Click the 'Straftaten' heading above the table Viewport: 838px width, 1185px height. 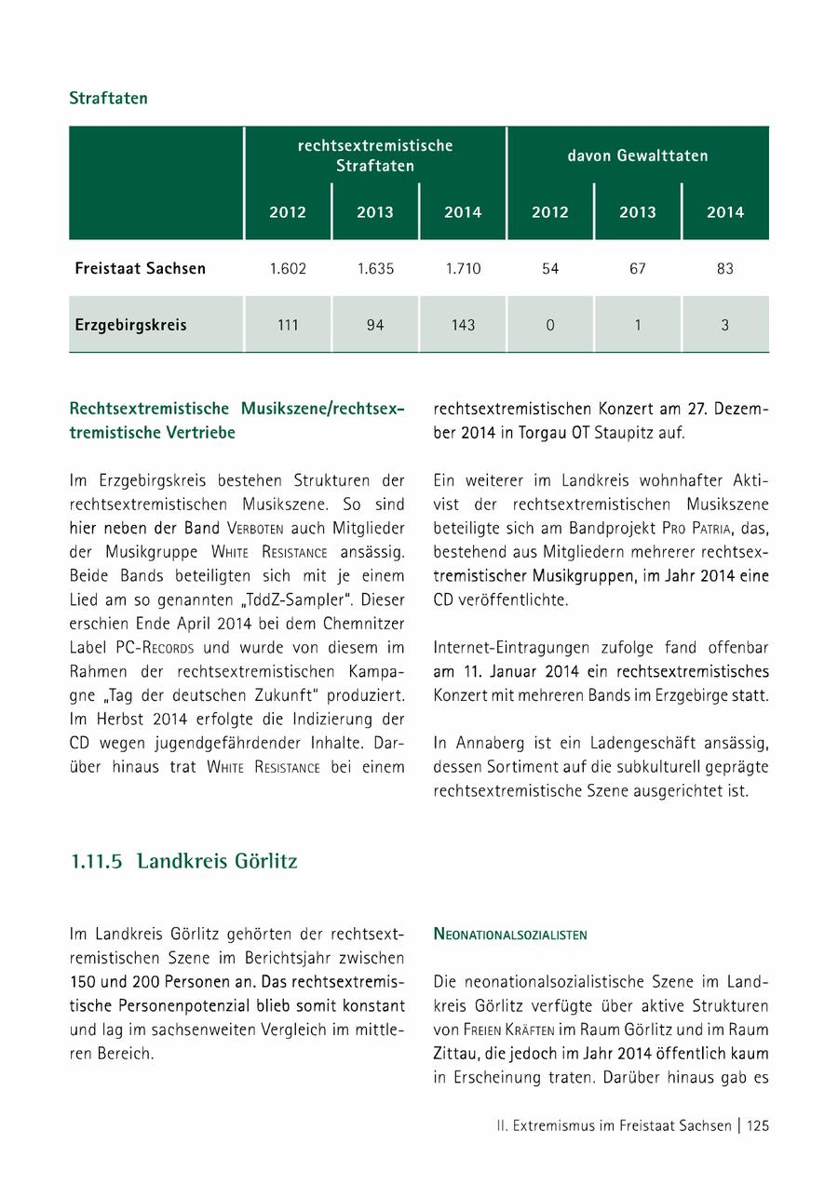[108, 98]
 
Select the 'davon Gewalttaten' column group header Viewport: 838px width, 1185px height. [638, 155]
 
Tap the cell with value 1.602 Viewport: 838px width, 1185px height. [288, 269]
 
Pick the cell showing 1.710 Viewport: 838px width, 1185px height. [463, 269]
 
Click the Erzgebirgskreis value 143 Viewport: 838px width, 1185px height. [463, 325]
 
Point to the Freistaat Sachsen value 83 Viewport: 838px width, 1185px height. [725, 269]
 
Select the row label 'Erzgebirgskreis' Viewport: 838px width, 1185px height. [130, 325]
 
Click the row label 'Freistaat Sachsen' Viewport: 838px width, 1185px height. [140, 269]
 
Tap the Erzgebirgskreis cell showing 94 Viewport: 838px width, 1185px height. [375, 325]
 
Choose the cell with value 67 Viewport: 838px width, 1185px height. [638, 269]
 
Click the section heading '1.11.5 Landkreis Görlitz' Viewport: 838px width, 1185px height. [183, 861]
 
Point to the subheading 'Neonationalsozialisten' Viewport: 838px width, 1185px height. [510, 935]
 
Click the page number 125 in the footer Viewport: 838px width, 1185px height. [758, 1125]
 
